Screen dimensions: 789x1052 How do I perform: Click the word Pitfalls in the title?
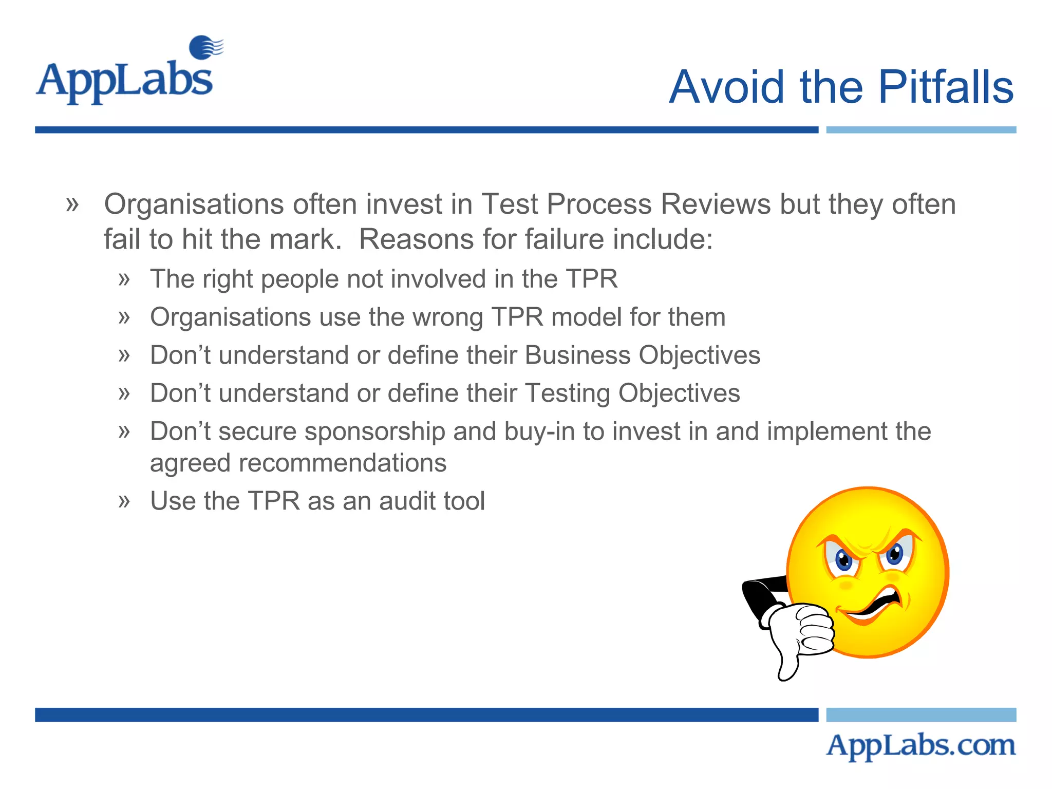point(946,87)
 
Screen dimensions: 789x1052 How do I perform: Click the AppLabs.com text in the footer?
point(920,745)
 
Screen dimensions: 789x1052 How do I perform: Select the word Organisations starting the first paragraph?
point(194,204)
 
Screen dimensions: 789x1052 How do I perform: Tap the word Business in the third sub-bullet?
point(577,355)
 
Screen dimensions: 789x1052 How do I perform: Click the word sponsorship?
point(374,431)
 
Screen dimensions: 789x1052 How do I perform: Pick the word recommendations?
point(298,463)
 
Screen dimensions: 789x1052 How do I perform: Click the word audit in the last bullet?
point(407,501)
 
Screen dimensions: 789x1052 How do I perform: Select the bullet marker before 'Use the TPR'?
point(124,501)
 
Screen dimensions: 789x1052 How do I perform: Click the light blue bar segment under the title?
point(920,130)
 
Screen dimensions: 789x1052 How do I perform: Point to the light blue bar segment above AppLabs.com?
point(920,715)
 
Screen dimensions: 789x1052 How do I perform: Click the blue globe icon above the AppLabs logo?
point(204,47)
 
